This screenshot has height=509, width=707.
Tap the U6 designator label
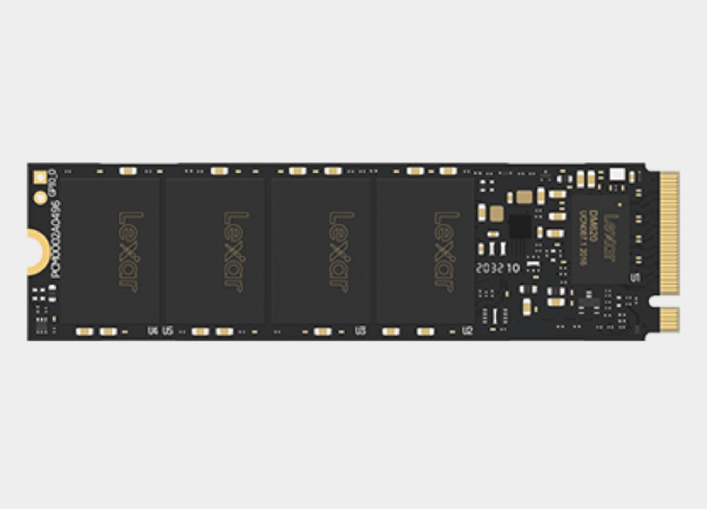[153, 332]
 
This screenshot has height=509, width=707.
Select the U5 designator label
[167, 332]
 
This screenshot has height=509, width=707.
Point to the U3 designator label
[360, 332]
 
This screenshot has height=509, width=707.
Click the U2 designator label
[467, 332]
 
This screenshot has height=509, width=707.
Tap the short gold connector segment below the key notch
[668, 318]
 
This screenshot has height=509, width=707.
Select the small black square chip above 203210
[520, 226]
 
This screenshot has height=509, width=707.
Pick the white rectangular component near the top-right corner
[617, 174]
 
